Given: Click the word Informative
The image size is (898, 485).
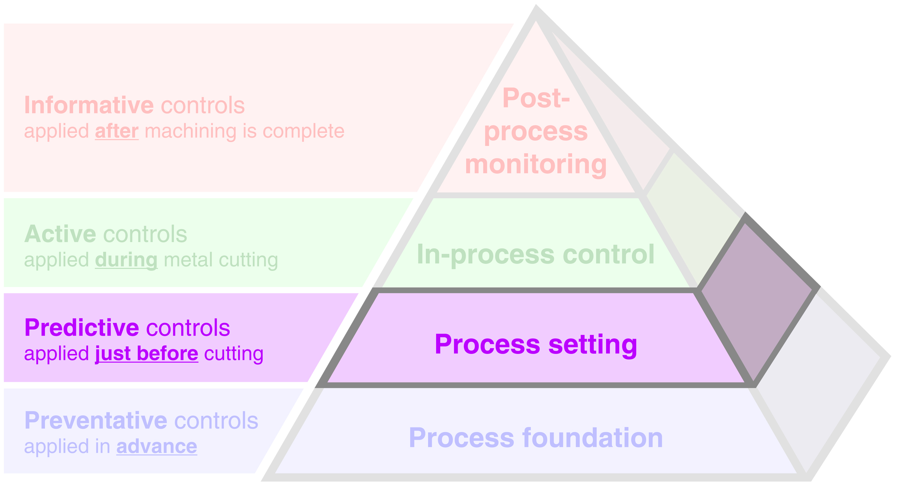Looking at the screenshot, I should click(x=89, y=105).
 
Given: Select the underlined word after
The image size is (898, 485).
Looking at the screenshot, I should click(x=117, y=131).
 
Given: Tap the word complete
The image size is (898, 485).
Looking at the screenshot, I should click(x=303, y=131).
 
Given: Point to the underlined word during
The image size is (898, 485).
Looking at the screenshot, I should click(x=126, y=260).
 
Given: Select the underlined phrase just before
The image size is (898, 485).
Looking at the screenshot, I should click(x=147, y=354).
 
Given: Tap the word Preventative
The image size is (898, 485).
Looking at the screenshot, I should click(x=96, y=421).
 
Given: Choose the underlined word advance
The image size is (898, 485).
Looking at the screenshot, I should click(x=156, y=447).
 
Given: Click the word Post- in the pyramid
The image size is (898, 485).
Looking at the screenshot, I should click(x=536, y=98).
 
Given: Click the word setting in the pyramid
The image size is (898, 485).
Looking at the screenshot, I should click(x=593, y=344).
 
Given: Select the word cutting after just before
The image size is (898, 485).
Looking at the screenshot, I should click(x=234, y=354).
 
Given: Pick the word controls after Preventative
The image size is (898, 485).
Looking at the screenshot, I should click(x=216, y=421).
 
